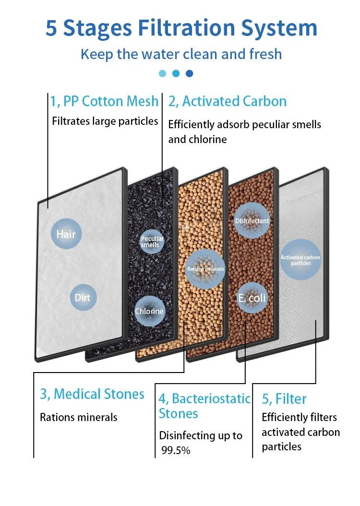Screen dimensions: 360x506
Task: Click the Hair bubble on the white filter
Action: coord(66,234)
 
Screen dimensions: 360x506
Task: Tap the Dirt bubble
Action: coord(82,298)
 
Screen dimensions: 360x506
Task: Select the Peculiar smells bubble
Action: coord(152,241)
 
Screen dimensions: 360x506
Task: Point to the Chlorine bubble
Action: coord(149,311)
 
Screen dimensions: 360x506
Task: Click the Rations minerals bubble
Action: coord(205,269)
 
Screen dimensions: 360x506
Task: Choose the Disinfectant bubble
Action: coord(252,221)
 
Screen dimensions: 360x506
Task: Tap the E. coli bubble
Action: coord(252,299)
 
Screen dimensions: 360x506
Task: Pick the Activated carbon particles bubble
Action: coord(300,260)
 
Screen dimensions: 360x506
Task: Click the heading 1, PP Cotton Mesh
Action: coord(104,101)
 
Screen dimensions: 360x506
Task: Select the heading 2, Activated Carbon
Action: coord(227,101)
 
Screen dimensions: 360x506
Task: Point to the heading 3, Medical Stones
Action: coord(92,394)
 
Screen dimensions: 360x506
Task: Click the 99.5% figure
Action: coord(176,451)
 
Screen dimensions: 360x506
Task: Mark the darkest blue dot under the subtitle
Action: coord(189,73)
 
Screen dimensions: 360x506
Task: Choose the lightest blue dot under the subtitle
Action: coord(162,73)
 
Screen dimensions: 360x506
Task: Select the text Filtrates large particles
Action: coord(105,120)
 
